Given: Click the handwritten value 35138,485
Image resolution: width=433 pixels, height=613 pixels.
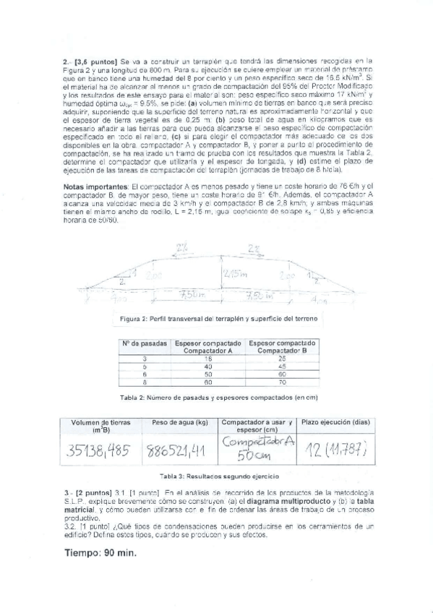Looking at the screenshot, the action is (99, 452).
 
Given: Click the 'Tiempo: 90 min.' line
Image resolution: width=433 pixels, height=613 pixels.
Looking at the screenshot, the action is (100, 554).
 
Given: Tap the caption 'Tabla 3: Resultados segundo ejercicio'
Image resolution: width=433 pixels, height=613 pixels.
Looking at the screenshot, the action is (217, 478).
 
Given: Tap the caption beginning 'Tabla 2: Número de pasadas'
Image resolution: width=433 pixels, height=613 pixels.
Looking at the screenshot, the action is (216, 398).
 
